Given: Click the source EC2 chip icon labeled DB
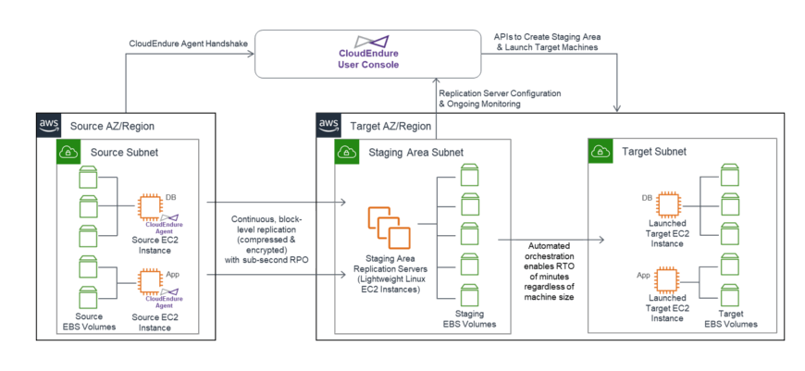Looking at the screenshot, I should pos(150,205).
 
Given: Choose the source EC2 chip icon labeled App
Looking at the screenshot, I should pos(150,279).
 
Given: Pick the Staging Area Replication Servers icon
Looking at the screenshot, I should pos(387,229).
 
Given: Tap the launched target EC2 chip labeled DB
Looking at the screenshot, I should pos(668,204).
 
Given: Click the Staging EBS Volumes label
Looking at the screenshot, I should pos(467,319).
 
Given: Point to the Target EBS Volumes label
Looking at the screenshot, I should pos(731,319).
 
